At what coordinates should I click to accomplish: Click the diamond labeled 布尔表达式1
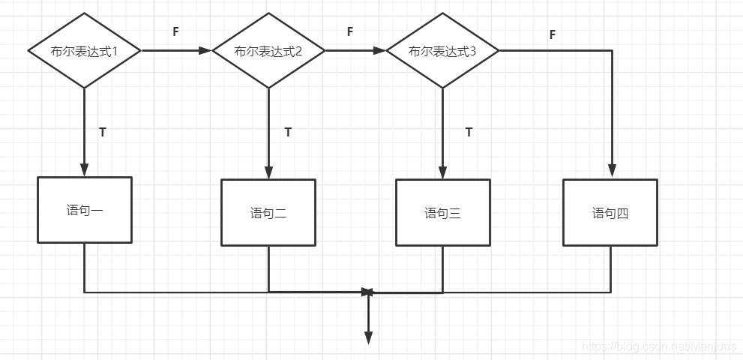point(85,51)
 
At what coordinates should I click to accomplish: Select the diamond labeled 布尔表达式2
point(268,51)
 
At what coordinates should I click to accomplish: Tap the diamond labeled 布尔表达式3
point(442,51)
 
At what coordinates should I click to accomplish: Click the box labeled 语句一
point(85,210)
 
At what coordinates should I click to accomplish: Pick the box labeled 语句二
point(268,212)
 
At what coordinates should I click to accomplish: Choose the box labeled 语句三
point(442,212)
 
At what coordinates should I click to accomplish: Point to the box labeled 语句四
point(610,212)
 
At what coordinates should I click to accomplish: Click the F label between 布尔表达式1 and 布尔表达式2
point(176,32)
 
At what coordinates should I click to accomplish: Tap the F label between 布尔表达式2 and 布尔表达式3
point(350,32)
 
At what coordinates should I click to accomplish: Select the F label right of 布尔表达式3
point(553,34)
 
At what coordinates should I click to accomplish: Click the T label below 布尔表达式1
point(103,132)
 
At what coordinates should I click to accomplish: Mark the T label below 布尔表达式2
point(288,132)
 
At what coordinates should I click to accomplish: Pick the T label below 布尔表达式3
point(469,132)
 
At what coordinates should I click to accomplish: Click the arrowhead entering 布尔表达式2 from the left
point(206,51)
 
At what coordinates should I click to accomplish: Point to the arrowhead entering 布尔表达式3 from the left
point(380,51)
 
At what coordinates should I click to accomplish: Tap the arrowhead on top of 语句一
point(85,170)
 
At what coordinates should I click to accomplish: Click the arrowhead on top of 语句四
point(612,172)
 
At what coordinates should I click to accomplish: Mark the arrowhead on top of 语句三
point(442,172)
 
